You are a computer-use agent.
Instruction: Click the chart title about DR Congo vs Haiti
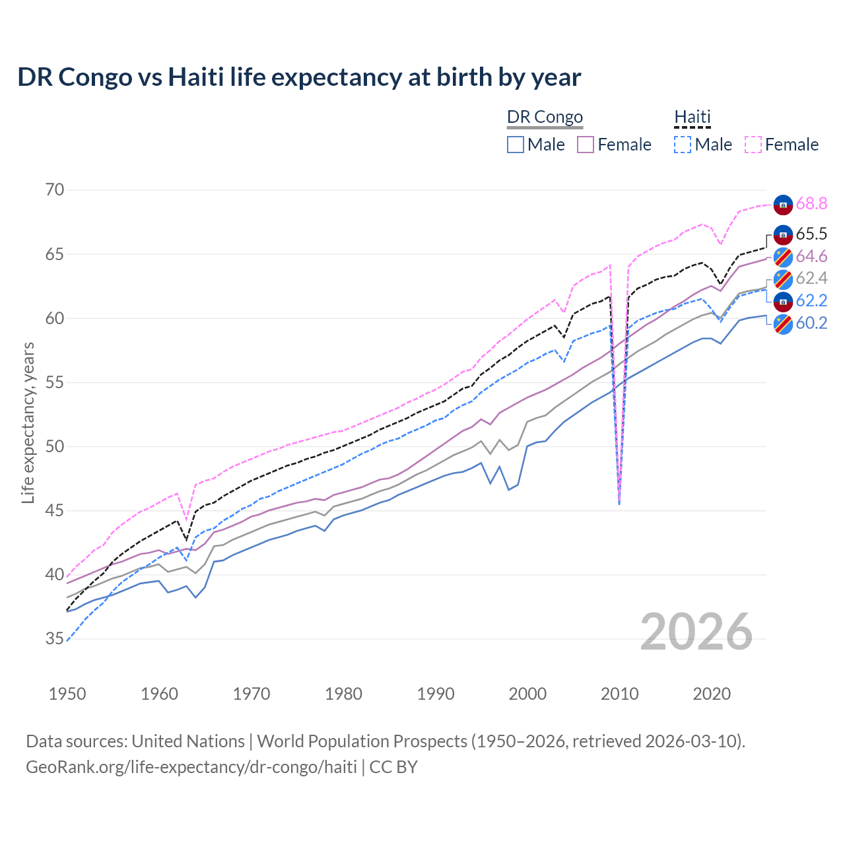click(299, 77)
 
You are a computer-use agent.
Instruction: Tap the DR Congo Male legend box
click(516, 145)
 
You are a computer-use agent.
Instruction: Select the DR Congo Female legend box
click(586, 145)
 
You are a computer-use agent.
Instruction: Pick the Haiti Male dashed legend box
click(683, 145)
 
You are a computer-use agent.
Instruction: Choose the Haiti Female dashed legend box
click(753, 145)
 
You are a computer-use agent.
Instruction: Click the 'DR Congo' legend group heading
click(545, 118)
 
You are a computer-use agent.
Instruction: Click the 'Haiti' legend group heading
click(692, 118)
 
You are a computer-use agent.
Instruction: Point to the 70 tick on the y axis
click(55, 190)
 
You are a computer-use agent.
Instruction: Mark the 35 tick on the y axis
click(55, 639)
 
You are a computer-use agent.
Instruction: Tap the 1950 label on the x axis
click(67, 694)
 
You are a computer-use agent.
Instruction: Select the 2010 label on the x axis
click(619, 694)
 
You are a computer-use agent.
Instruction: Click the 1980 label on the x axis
click(343, 694)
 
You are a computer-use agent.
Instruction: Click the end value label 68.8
click(811, 204)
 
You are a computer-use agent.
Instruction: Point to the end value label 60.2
click(811, 323)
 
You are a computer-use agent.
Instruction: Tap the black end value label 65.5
click(811, 234)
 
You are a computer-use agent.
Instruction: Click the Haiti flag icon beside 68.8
click(783, 205)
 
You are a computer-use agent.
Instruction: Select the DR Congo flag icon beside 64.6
click(783, 257)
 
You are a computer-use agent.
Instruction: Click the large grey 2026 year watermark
click(696, 632)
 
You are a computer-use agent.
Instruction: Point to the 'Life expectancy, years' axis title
click(28, 422)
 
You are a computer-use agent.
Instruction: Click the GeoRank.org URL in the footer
click(191, 767)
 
